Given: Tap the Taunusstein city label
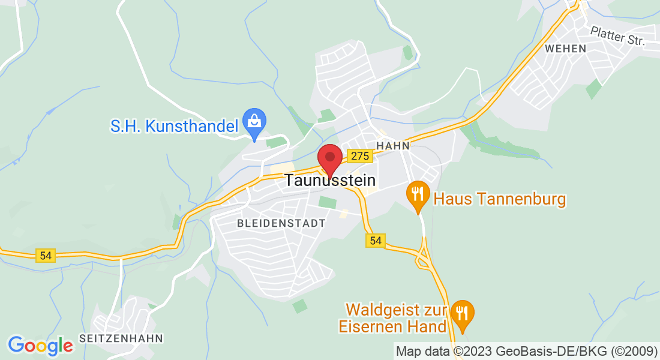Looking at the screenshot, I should coord(330,180).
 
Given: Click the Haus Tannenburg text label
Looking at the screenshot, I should coord(500,199).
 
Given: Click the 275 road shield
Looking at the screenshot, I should coord(360,156).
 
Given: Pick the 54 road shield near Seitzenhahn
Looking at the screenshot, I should coord(46,255).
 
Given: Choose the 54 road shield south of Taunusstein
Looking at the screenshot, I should coord(376,240).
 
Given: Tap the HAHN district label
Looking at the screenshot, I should coord(393,145).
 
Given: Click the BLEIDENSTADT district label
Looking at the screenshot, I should coord(281,223).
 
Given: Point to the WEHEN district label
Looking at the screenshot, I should coord(565,49).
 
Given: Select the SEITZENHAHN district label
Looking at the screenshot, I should coord(121,338).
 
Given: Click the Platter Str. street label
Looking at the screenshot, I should coord(617,36).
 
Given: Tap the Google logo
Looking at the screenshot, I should coord(40,346).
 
